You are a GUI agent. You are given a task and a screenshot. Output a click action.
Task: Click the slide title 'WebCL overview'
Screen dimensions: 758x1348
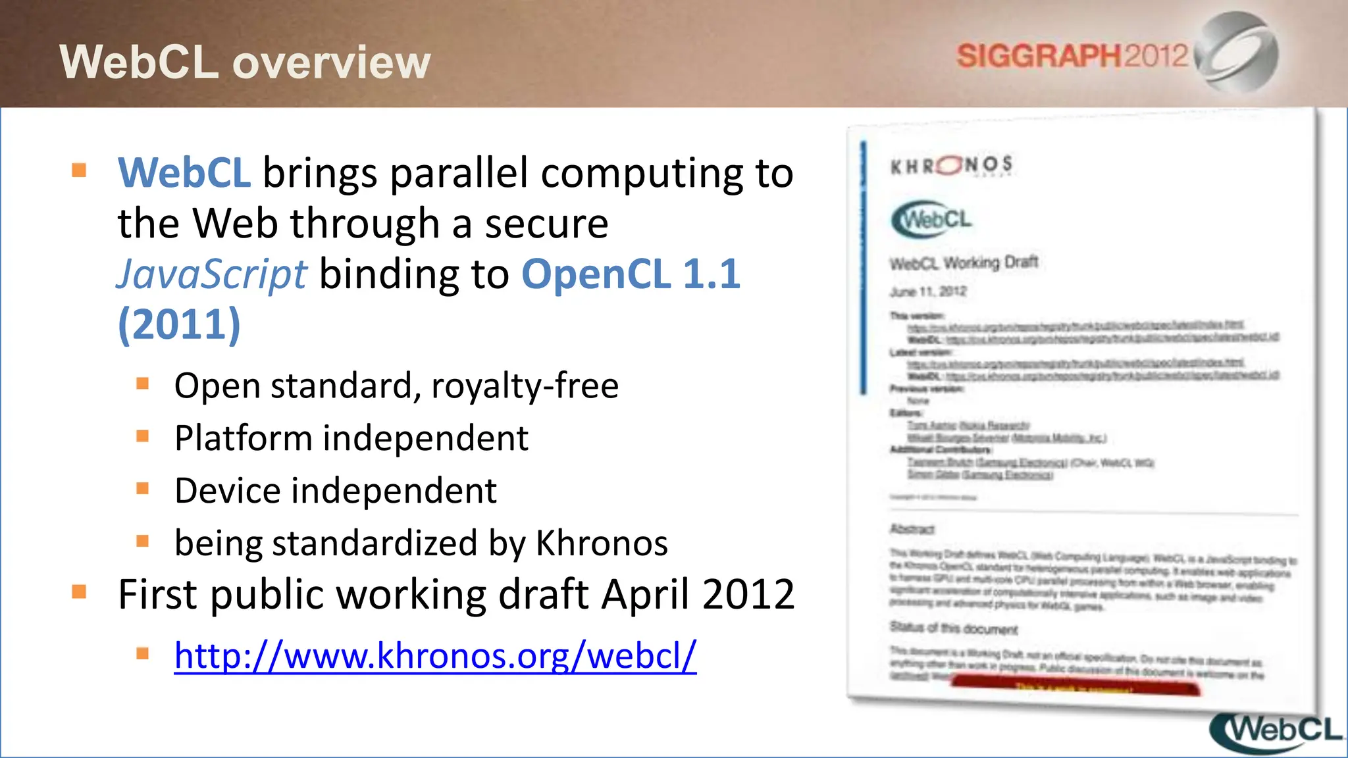point(245,62)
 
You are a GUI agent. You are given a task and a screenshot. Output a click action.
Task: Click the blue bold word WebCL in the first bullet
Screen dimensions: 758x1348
point(184,173)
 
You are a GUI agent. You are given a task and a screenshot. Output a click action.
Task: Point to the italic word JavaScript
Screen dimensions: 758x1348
point(211,274)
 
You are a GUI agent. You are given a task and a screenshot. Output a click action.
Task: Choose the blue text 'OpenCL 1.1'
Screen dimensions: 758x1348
point(631,274)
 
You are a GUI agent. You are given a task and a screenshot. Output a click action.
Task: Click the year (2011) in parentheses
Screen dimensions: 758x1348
point(179,324)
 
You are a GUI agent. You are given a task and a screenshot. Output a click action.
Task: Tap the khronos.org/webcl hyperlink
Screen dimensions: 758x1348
point(435,655)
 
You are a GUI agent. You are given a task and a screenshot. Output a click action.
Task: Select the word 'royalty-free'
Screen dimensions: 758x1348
point(525,386)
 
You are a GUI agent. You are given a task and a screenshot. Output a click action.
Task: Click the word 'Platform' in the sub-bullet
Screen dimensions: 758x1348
point(243,438)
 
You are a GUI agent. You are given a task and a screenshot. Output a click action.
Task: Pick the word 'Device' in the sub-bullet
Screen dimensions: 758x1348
point(228,491)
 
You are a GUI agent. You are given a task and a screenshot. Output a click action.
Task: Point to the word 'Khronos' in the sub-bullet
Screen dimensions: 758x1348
point(602,543)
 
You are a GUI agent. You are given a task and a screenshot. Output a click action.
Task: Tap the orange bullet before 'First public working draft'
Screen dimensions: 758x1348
point(80,592)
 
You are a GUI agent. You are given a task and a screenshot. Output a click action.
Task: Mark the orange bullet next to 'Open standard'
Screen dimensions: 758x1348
point(143,384)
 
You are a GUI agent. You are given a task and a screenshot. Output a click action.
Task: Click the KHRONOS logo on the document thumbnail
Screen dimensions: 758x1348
point(951,165)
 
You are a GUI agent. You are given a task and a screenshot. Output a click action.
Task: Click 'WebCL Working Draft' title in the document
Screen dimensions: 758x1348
point(964,263)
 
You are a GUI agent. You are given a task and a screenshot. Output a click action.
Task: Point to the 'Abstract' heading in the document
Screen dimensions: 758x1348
point(912,529)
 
